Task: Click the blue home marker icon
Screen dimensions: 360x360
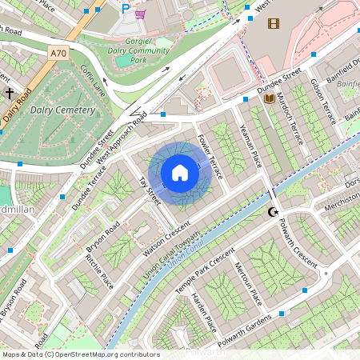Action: (180, 173)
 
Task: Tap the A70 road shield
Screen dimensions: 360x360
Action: (58, 53)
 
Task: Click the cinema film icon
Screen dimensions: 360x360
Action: (274, 23)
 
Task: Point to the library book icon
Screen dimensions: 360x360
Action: (270, 98)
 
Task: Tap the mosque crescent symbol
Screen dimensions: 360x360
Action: (274, 212)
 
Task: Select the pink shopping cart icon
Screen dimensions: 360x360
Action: (141, 14)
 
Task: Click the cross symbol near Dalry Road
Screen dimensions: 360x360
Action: (10, 94)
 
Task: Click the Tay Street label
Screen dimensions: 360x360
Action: (150, 191)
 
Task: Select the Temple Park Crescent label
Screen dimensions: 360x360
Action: (206, 270)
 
